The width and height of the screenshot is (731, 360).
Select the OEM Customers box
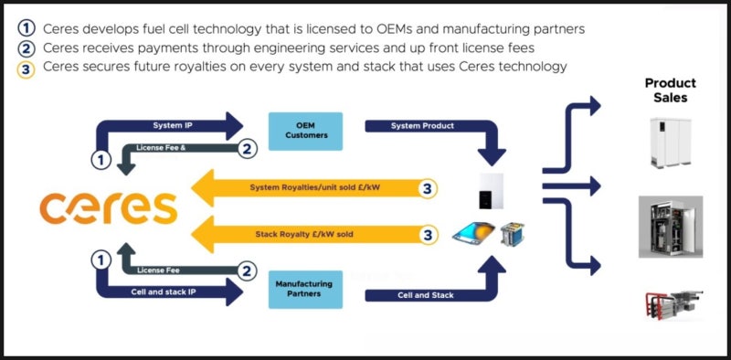(305, 132)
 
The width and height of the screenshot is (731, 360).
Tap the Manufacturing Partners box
(305, 289)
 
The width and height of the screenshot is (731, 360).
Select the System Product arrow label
(421, 124)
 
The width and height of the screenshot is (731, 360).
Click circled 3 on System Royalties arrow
(426, 188)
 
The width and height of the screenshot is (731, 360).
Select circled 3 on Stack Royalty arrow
(426, 235)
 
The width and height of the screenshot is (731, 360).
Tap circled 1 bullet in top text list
(26, 28)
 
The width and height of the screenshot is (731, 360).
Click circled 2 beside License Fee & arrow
(247, 148)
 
